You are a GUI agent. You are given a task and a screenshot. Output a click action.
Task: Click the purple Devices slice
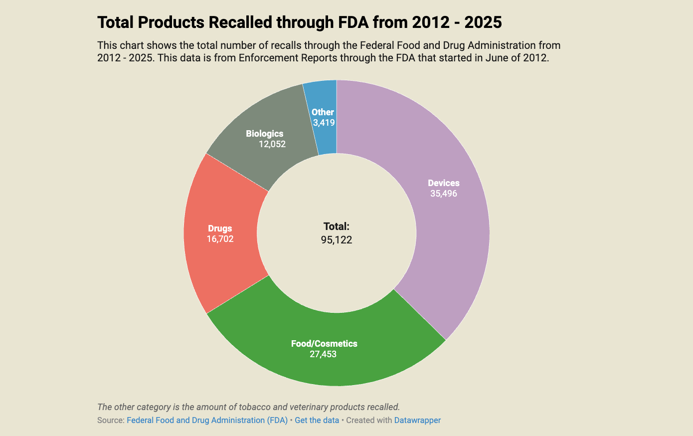(449, 234)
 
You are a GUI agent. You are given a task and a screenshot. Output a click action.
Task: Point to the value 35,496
(443, 194)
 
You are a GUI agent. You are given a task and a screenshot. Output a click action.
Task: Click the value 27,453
(323, 354)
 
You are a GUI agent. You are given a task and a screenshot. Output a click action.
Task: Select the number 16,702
(220, 239)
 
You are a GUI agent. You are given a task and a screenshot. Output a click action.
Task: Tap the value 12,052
(272, 144)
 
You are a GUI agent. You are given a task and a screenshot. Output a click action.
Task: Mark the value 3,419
(324, 123)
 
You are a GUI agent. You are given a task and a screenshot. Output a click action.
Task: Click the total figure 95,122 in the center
(337, 240)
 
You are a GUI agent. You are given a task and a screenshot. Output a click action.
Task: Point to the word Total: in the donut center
(337, 226)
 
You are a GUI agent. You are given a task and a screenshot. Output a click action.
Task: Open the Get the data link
(317, 420)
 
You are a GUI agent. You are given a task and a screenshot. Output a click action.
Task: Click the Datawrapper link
(417, 420)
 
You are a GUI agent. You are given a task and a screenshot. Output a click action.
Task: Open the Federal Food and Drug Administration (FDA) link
(207, 420)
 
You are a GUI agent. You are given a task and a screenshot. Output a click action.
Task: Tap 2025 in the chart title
(483, 22)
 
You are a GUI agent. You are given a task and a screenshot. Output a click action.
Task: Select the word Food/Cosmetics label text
(324, 344)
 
